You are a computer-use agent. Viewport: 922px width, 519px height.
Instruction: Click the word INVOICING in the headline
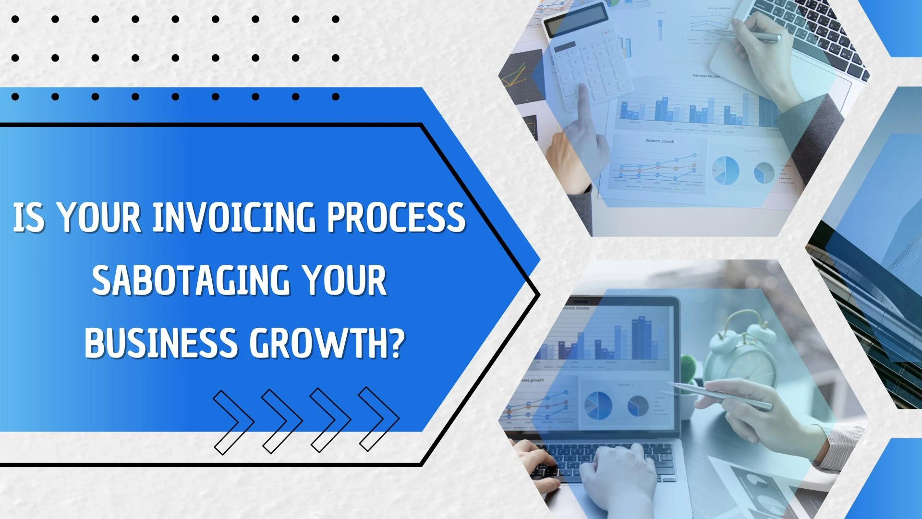(x=234, y=217)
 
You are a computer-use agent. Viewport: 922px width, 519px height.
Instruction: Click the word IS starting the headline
(x=30, y=217)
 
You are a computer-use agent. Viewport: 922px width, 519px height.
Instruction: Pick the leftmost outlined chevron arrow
(x=234, y=422)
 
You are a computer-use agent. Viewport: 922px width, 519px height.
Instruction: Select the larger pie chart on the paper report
(x=725, y=170)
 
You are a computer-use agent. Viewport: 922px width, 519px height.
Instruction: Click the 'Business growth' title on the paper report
(x=660, y=141)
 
